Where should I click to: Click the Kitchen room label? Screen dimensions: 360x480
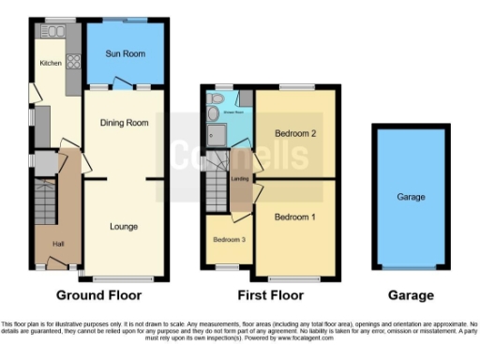(50, 63)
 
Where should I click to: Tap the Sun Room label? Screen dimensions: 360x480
(127, 54)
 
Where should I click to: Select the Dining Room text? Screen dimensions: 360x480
(126, 123)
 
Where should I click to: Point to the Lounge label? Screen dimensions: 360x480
(124, 226)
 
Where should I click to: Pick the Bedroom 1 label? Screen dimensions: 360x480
(294, 217)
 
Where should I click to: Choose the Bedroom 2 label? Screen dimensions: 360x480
(294, 134)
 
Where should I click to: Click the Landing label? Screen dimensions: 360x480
(240, 178)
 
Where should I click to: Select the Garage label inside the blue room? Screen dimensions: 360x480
(412, 198)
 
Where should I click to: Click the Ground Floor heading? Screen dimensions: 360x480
(99, 295)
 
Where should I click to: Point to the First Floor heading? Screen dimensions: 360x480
(271, 295)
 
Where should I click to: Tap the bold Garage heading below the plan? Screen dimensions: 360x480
(412, 295)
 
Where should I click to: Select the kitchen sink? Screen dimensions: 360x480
(51, 32)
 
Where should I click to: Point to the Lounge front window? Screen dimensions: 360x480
(124, 279)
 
